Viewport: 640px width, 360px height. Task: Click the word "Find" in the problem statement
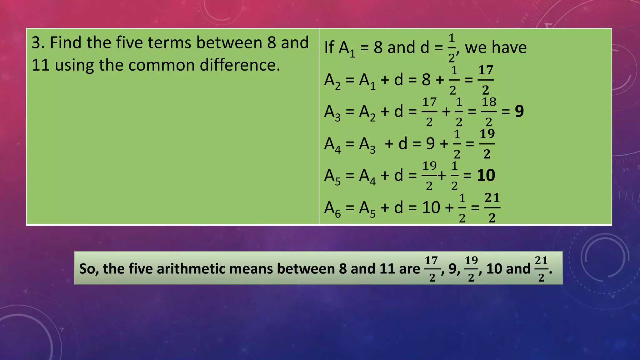66,42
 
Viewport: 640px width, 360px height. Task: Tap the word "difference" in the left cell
237,65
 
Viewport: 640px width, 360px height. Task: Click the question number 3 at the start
36,42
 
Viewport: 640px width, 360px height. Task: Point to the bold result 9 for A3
519,112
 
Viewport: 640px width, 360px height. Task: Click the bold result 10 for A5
486,175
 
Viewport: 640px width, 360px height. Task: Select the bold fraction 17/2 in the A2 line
486,80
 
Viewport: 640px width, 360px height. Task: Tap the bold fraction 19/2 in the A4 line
487,144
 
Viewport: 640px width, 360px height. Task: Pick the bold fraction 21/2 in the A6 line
492,208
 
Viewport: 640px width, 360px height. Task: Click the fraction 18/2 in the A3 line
489,112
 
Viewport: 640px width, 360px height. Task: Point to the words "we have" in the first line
496,47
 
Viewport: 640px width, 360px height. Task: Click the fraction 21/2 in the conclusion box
541,268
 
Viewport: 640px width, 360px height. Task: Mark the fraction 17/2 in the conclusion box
432,268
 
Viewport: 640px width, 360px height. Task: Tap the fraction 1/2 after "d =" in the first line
452,47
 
